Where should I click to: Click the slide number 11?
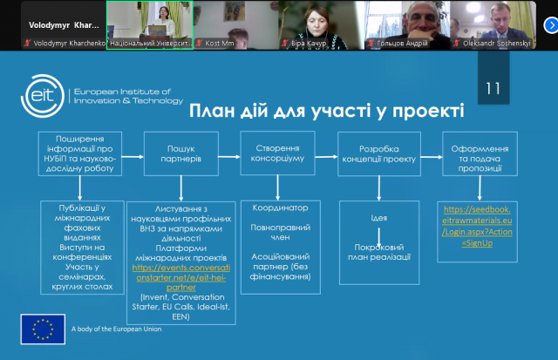[x=493, y=88]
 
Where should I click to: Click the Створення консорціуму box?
[x=278, y=154]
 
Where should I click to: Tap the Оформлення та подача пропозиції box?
[x=480, y=154]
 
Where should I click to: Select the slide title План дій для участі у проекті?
[x=327, y=112]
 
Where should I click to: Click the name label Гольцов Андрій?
[x=407, y=42]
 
